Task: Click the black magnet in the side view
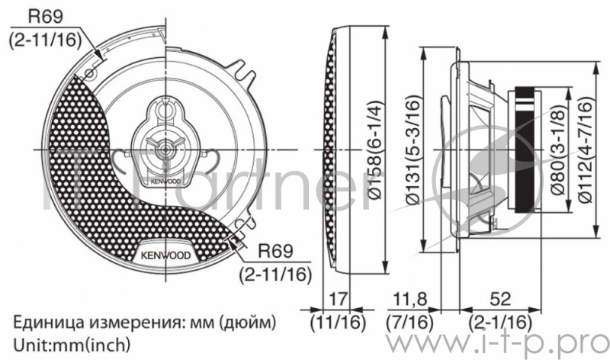tap(526, 149)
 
